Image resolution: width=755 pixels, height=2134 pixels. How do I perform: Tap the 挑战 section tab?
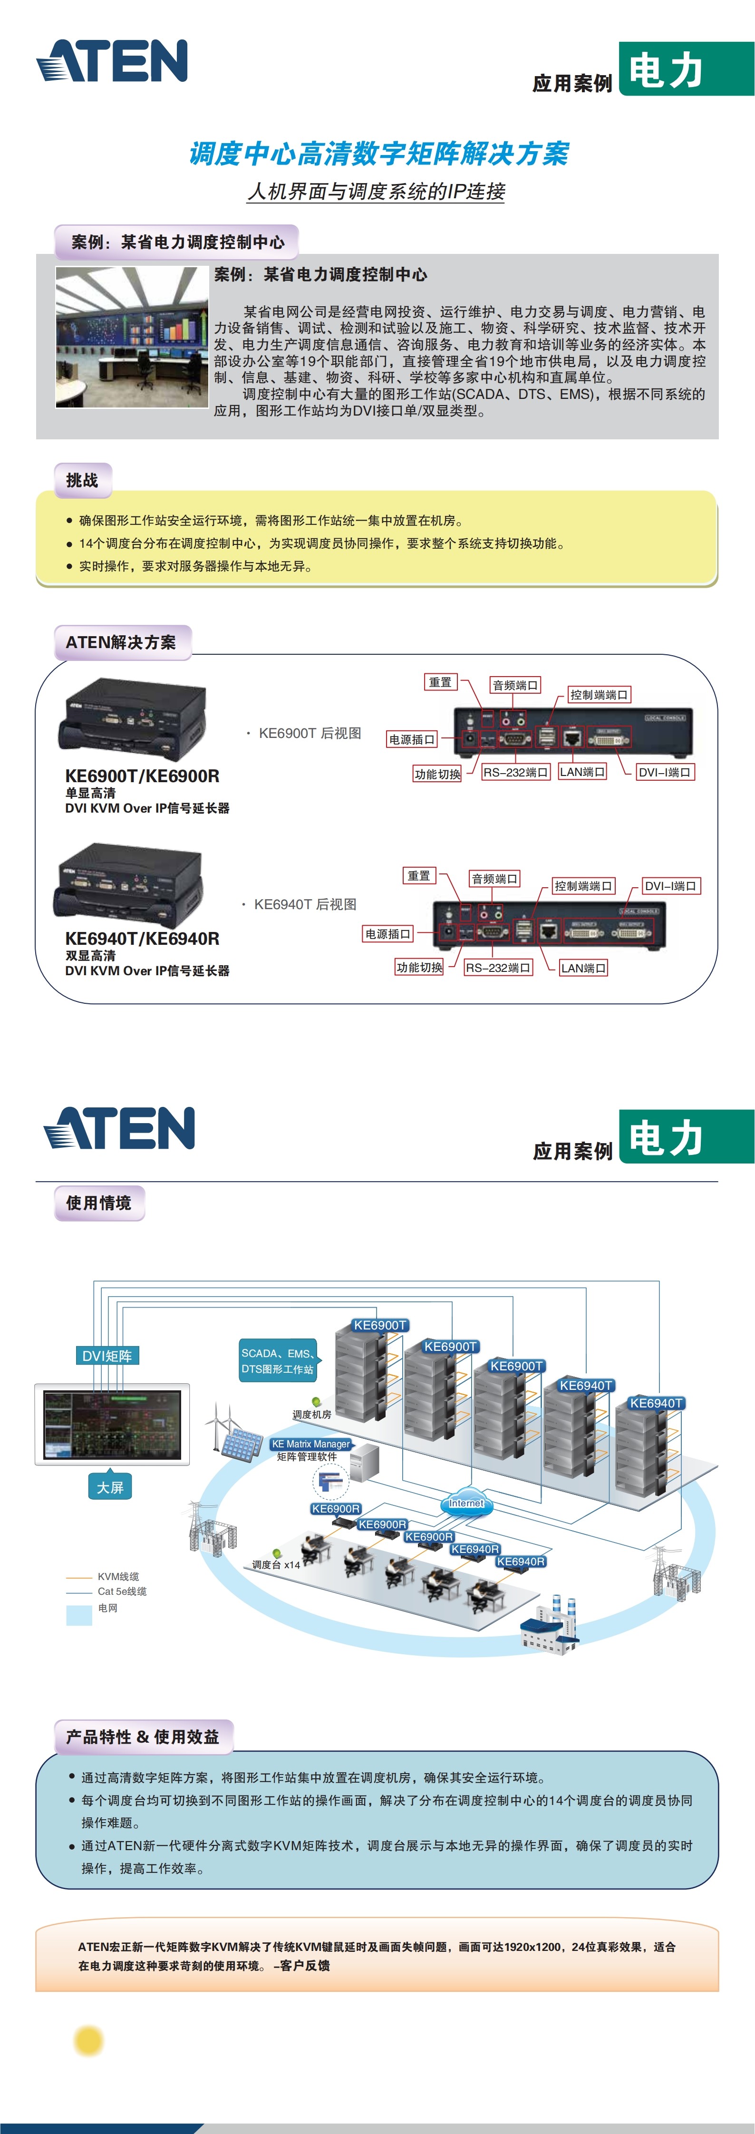coord(82,480)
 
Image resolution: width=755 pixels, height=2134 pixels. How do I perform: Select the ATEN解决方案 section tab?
coord(121,642)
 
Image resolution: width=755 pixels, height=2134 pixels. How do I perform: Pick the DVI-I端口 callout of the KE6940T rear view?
coord(670,885)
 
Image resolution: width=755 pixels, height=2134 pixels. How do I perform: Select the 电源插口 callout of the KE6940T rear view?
coord(388,934)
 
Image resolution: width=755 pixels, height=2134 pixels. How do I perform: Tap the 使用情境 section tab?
coord(98,1203)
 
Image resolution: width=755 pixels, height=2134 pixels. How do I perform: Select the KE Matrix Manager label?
coord(311,1444)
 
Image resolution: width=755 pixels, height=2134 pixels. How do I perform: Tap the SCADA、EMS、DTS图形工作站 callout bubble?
coord(278,1361)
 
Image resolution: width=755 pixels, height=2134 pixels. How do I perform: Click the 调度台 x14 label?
coord(276,1565)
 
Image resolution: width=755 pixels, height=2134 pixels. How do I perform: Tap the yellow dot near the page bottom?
coord(89,2040)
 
